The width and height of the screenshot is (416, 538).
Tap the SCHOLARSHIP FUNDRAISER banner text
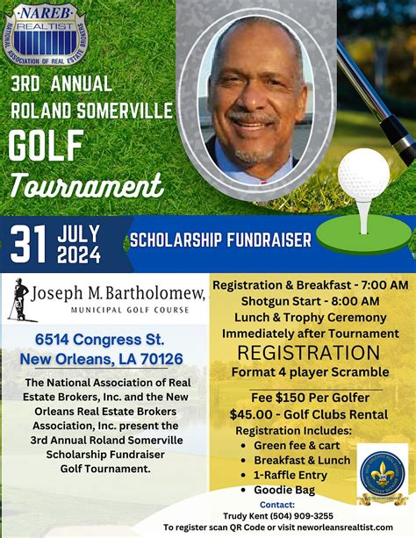coord(221,240)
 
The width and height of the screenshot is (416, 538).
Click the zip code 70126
coord(155,358)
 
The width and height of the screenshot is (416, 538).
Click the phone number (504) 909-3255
coord(304,515)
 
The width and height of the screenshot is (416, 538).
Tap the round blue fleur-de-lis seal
coord(382,475)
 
